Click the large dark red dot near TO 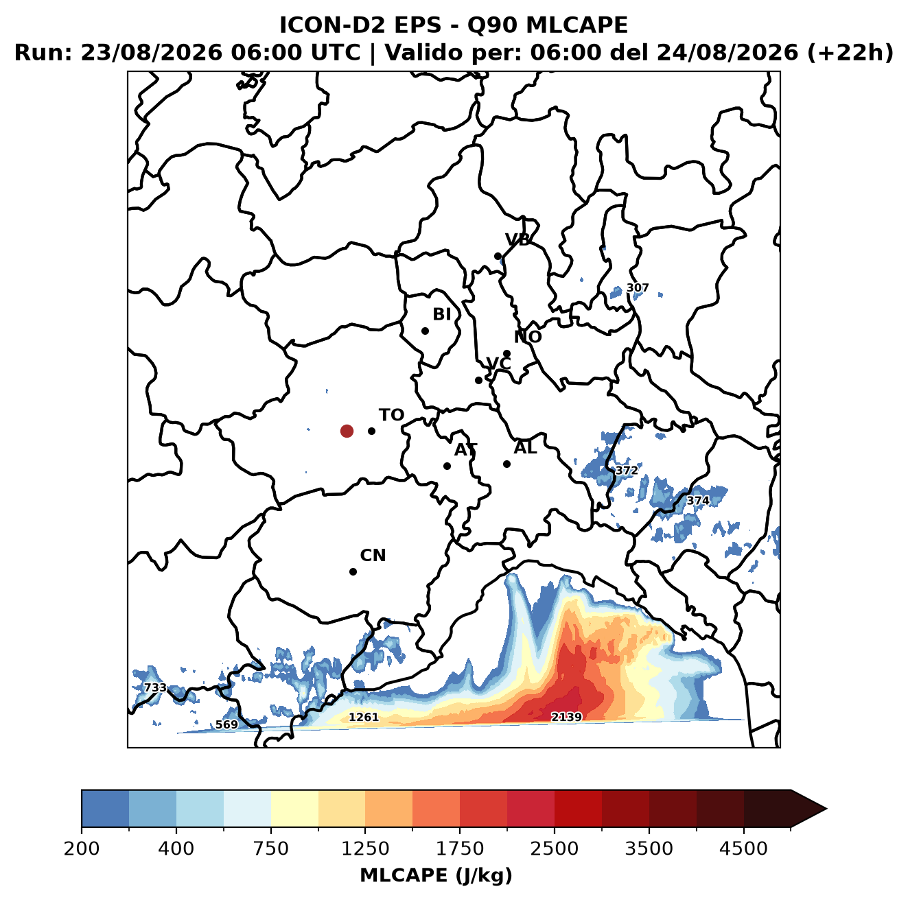(x=347, y=431)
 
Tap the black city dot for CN (x=353, y=571)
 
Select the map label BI (x=441, y=314)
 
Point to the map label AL (x=525, y=448)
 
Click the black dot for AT (x=447, y=466)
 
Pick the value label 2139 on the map (x=566, y=717)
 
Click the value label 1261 (x=363, y=718)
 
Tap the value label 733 (x=155, y=687)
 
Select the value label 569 (x=226, y=724)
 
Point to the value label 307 (x=638, y=287)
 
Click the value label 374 (x=698, y=501)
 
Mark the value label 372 (x=627, y=471)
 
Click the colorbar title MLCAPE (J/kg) (x=436, y=875)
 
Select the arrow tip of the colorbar (x=826, y=809)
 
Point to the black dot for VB (x=498, y=256)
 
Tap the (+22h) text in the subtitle (x=850, y=53)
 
